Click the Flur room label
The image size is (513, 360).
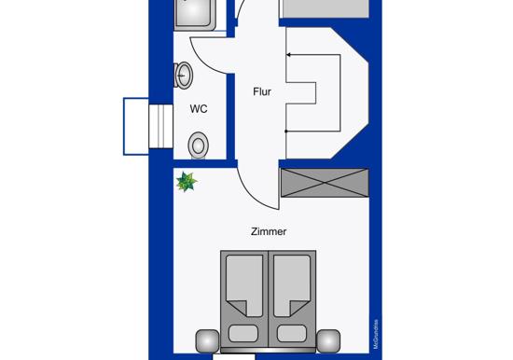[262, 91]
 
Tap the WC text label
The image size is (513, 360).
[199, 109]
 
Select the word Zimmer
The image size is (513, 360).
[269, 231]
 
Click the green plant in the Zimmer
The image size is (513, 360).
[187, 182]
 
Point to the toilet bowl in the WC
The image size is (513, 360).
[199, 145]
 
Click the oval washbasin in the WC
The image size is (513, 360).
[183, 76]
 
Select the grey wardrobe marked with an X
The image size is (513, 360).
[325, 183]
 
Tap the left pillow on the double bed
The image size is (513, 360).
[243, 334]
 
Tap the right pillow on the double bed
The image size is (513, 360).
[292, 334]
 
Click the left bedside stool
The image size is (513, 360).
[207, 341]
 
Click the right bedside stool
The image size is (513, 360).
[328, 341]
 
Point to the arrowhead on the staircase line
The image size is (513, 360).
[289, 55]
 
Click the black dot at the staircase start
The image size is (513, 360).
[286, 132]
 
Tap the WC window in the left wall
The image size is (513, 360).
[160, 126]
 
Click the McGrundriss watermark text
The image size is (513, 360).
[376, 334]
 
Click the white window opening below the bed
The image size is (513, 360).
[234, 356]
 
